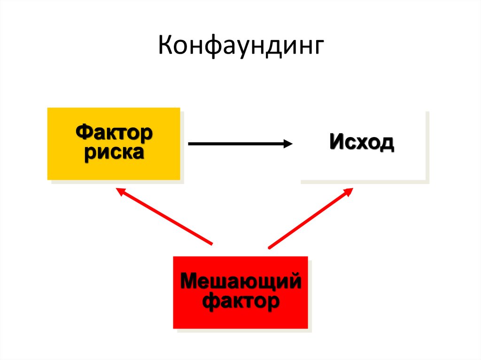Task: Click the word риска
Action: (x=114, y=153)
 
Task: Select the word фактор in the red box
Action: (x=240, y=301)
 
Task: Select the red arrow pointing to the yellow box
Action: (x=164, y=216)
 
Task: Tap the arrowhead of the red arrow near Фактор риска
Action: (x=121, y=191)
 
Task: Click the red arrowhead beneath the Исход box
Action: (x=349, y=191)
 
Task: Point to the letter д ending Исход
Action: (x=387, y=143)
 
